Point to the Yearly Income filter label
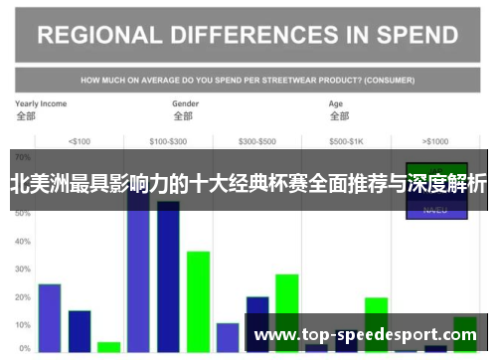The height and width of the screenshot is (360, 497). pyautogui.click(x=41, y=103)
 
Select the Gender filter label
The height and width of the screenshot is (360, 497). pyautogui.click(x=185, y=103)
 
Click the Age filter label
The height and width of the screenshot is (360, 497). pyautogui.click(x=336, y=103)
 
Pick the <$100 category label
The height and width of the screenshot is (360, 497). pyautogui.click(x=80, y=140)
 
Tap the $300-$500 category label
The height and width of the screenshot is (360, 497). pyautogui.click(x=257, y=140)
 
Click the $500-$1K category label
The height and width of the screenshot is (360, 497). pyautogui.click(x=347, y=140)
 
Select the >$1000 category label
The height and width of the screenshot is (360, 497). pyautogui.click(x=435, y=140)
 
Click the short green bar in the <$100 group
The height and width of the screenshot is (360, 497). pyautogui.click(x=109, y=347)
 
